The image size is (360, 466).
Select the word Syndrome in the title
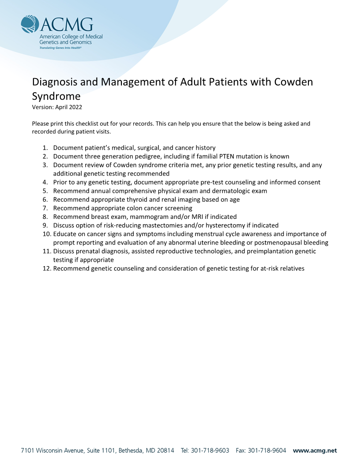coord(56,96)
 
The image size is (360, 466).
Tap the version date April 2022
coord(69,107)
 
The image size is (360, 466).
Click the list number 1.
coord(45,148)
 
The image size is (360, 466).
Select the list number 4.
coord(45,182)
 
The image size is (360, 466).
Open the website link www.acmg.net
coord(315,451)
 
